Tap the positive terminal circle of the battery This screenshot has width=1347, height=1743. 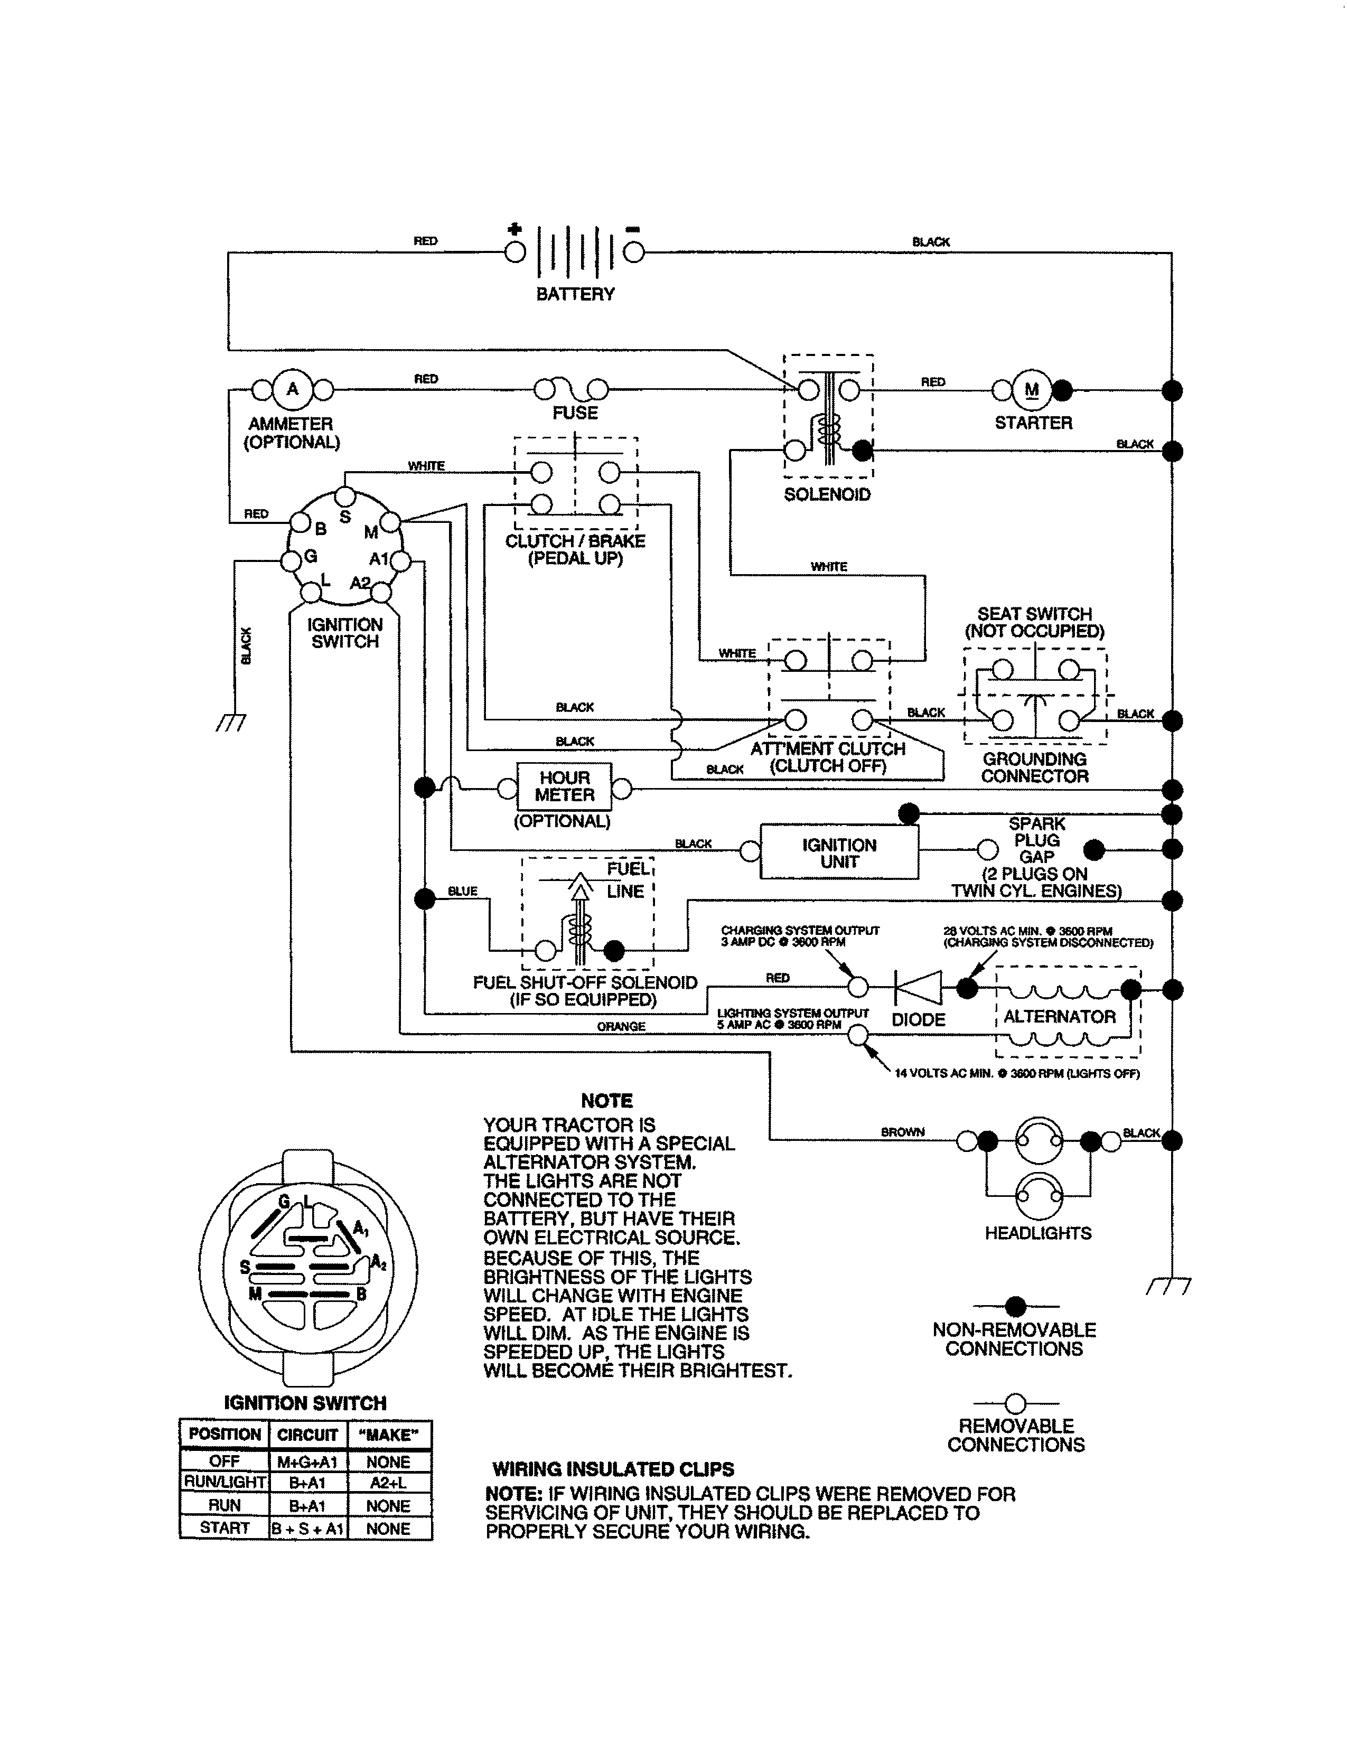(x=516, y=252)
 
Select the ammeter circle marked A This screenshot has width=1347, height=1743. (x=292, y=389)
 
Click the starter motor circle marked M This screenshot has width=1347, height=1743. (x=1031, y=390)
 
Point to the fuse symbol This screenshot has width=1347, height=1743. (x=572, y=389)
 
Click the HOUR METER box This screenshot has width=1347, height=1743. (x=564, y=787)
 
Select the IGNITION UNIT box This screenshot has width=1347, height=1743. (x=839, y=852)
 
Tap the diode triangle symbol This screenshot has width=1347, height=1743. (x=918, y=988)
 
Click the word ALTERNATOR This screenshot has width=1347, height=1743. (x=1059, y=1017)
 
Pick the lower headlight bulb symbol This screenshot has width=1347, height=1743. (x=1038, y=1195)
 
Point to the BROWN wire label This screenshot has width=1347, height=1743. (x=903, y=1132)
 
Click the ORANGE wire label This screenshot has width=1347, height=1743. (x=621, y=1026)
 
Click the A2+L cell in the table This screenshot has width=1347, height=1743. (x=389, y=1482)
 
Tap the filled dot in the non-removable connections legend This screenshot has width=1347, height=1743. (x=1015, y=1306)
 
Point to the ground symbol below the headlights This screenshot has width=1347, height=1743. (x=1168, y=1286)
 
